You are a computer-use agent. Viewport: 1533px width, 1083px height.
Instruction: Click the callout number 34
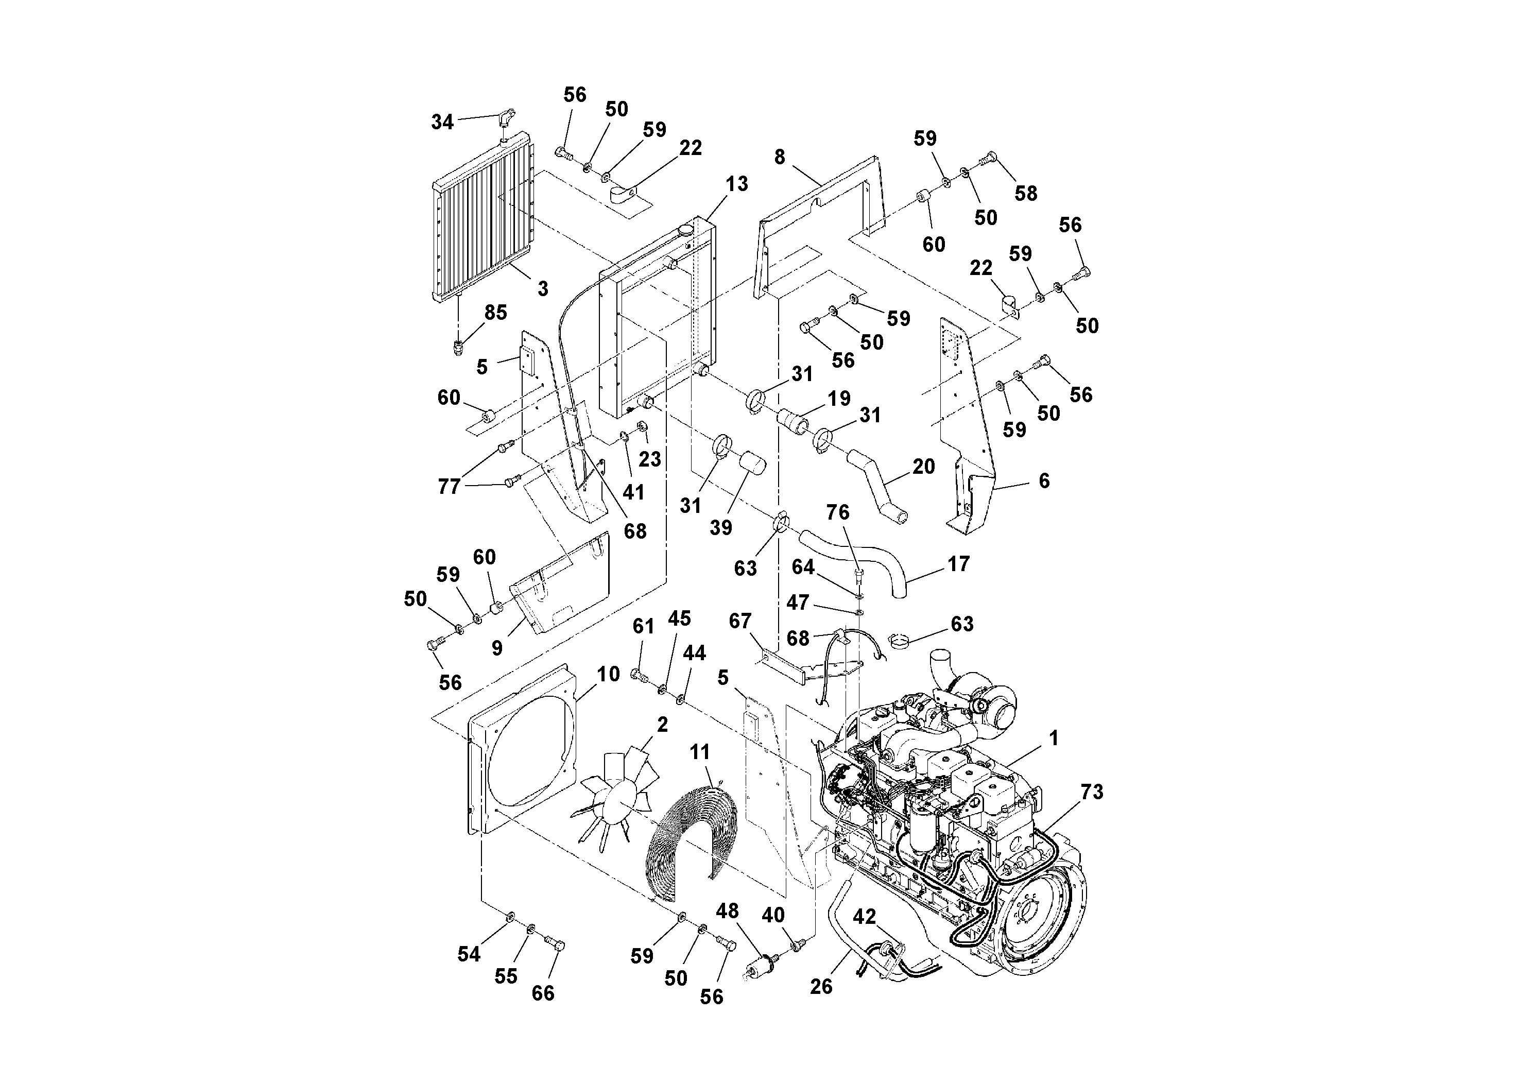click(442, 122)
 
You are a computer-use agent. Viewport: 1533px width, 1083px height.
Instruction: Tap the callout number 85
click(495, 313)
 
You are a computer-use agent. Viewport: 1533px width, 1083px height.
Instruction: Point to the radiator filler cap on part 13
click(686, 230)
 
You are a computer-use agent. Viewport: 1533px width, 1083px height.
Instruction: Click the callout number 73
click(1092, 792)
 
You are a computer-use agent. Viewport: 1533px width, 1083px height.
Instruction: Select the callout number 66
click(543, 993)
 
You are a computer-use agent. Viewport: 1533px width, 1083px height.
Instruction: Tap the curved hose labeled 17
click(855, 554)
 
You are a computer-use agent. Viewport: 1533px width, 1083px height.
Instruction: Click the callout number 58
click(1026, 194)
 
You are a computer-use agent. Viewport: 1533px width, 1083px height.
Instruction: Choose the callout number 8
click(780, 157)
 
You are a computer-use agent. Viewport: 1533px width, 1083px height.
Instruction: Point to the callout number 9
click(497, 648)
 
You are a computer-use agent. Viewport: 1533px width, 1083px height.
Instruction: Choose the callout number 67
click(740, 621)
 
